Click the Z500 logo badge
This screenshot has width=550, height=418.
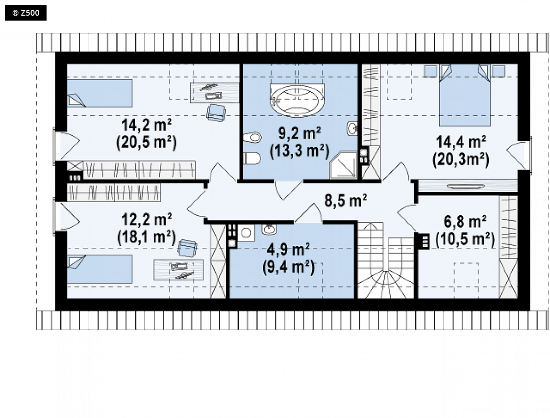[x=25, y=13]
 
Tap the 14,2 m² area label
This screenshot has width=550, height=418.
[x=147, y=125]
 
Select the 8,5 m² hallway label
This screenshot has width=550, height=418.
[x=346, y=200]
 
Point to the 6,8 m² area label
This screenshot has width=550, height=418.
[x=465, y=222]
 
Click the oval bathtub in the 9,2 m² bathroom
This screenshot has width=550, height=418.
[x=298, y=99]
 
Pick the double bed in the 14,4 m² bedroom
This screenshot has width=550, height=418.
[x=465, y=95]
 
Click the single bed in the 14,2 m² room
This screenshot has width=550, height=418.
[x=100, y=93]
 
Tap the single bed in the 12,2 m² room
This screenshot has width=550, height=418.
[x=100, y=269]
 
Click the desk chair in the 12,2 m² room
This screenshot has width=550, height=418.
[x=187, y=248]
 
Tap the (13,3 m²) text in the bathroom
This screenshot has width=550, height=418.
[x=300, y=151]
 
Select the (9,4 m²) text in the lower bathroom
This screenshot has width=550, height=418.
[x=288, y=267]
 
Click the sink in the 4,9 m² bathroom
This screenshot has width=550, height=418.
[x=269, y=230]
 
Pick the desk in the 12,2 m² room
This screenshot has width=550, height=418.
[x=178, y=269]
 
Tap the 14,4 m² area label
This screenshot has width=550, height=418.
[x=461, y=142]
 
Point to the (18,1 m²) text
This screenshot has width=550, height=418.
[x=147, y=237]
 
